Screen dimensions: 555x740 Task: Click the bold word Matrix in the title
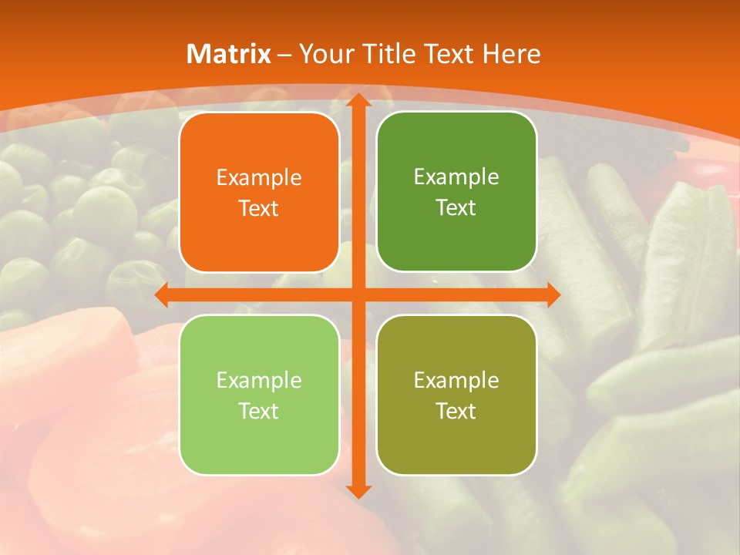tap(229, 54)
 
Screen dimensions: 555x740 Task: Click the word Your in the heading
tap(327, 54)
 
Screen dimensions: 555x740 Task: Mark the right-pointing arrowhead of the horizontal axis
tap(552, 294)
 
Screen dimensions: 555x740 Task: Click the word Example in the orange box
tap(259, 178)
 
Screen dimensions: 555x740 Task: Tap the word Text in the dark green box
tap(456, 208)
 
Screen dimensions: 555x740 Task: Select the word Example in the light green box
tap(259, 381)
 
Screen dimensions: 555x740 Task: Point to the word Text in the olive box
tap(456, 411)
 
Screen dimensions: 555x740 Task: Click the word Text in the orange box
tap(259, 209)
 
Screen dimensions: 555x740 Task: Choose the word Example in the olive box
tap(456, 381)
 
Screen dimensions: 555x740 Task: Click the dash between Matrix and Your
tap(284, 55)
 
